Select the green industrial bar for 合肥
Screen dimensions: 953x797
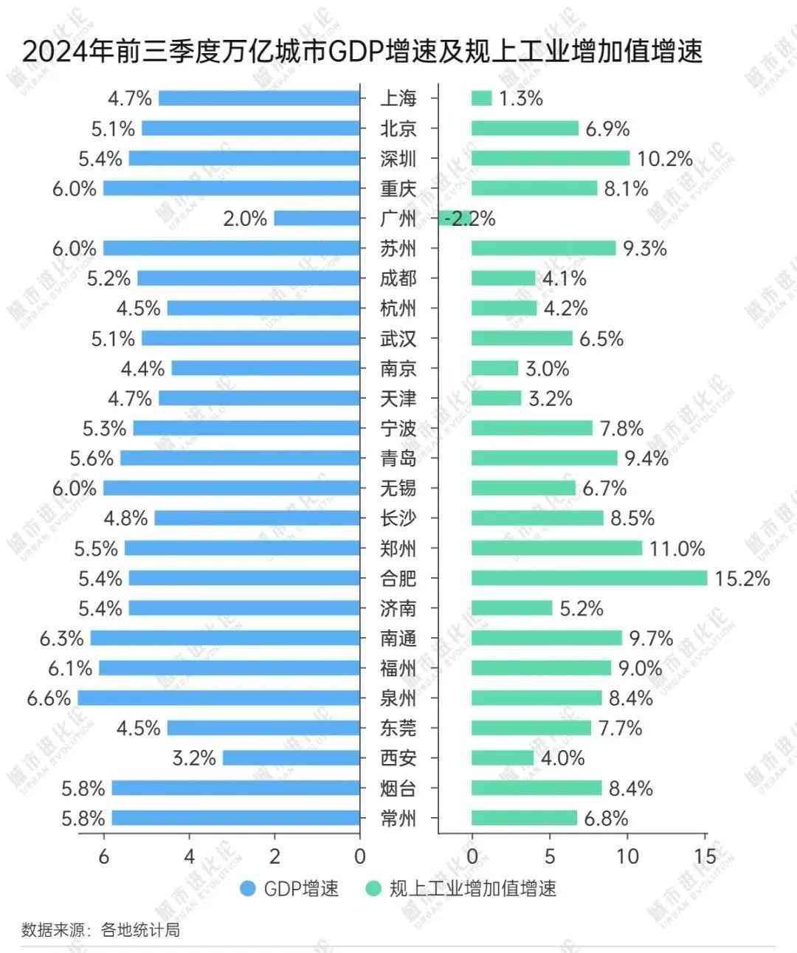click(x=589, y=578)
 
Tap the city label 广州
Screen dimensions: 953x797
click(x=398, y=219)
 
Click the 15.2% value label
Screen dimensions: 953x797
click(x=742, y=578)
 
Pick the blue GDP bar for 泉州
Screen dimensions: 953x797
click(x=218, y=698)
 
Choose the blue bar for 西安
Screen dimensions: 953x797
click(x=291, y=758)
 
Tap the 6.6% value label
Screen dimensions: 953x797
click(x=49, y=698)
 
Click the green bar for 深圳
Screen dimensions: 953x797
click(x=550, y=158)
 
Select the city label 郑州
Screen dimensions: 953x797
click(x=398, y=548)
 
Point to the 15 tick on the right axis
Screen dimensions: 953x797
click(x=705, y=856)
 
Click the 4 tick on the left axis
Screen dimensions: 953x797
click(x=189, y=856)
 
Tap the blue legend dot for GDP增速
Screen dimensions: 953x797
click(x=248, y=888)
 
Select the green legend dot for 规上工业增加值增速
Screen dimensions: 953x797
click(x=373, y=888)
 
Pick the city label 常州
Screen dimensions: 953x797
click(x=398, y=818)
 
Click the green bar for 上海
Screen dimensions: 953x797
click(x=481, y=98)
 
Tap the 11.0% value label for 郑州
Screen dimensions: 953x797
click(x=677, y=548)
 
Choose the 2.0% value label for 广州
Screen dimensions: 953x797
click(x=245, y=219)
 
